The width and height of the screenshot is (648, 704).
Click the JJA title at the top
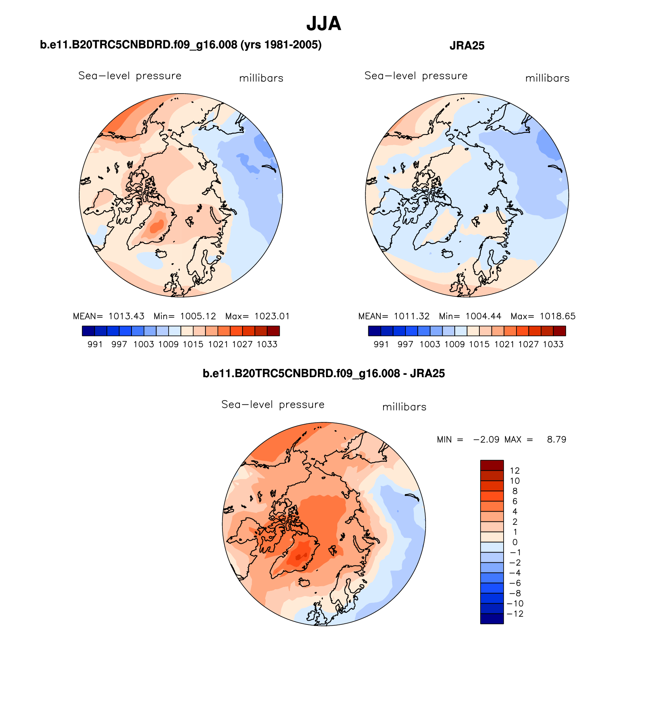pos(324,23)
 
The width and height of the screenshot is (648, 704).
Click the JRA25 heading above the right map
pos(467,46)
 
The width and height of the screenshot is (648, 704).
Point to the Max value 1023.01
pos(272,316)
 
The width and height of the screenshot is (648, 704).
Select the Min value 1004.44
pos(483,316)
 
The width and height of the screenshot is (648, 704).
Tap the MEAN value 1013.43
pos(126,316)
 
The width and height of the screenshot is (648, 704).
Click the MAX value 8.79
pos(556,440)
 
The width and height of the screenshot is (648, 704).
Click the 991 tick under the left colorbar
pos(95,344)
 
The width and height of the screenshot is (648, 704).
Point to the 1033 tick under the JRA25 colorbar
pos(553,344)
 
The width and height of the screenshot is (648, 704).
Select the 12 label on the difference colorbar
pos(515,471)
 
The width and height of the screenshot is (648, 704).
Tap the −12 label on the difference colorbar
pos(515,614)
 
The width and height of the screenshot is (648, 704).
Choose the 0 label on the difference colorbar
pos(515,542)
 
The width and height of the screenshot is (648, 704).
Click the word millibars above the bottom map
pos(404,407)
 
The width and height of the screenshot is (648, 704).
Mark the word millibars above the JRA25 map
pos(547,78)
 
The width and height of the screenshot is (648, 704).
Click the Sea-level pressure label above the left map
pos(130,76)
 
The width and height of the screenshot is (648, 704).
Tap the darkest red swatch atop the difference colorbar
pos(492,465)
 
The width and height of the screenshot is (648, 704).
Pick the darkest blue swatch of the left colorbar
pos(88,331)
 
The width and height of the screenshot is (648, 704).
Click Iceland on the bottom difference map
pos(304,582)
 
